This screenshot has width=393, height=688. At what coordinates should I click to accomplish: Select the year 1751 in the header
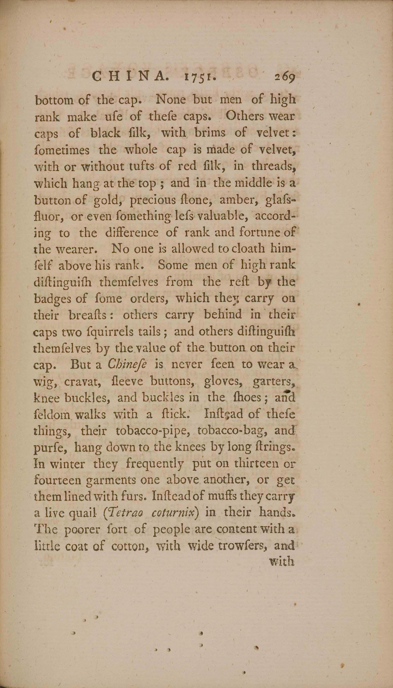coord(200,78)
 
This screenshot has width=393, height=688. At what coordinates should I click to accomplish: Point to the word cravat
coord(80,382)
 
